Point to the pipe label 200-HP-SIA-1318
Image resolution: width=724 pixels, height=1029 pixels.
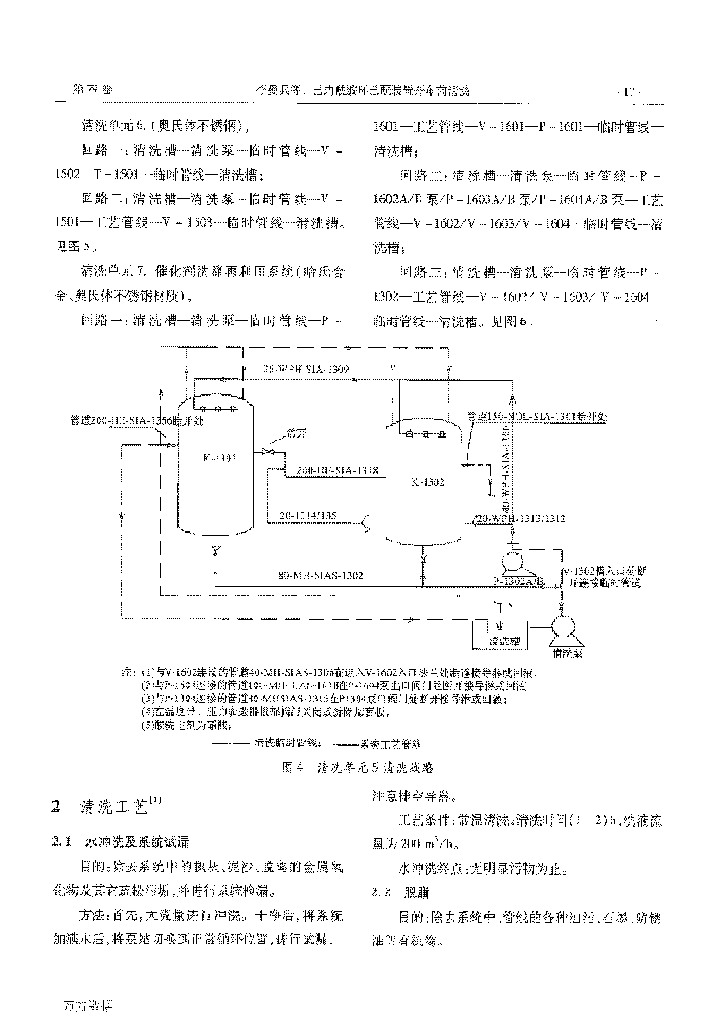(336, 471)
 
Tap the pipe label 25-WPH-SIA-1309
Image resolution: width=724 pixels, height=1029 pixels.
(306, 371)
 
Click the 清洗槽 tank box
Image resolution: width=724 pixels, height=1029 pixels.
(503, 639)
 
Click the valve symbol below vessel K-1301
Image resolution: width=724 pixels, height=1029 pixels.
(215, 549)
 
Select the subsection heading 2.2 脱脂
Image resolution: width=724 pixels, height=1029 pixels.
(396, 893)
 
